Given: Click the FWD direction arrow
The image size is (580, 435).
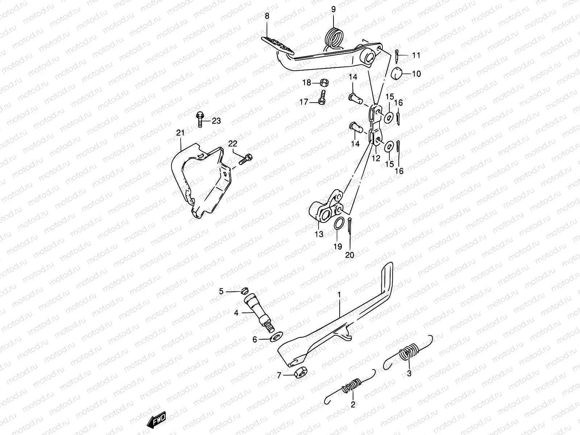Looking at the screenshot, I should [x=156, y=421].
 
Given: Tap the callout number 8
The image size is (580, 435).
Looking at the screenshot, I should [x=267, y=16].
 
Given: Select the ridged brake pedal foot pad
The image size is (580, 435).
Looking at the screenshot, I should [x=278, y=45].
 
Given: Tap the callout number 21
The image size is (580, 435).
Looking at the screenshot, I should [x=180, y=133].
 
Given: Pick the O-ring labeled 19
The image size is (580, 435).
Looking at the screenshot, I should [x=338, y=224].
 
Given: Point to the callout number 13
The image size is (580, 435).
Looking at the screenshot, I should [x=319, y=235].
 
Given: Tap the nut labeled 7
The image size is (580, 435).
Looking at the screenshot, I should [x=300, y=373].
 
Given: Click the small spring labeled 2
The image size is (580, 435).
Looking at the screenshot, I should [x=352, y=385].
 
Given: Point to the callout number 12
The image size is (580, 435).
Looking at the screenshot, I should [x=376, y=158].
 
